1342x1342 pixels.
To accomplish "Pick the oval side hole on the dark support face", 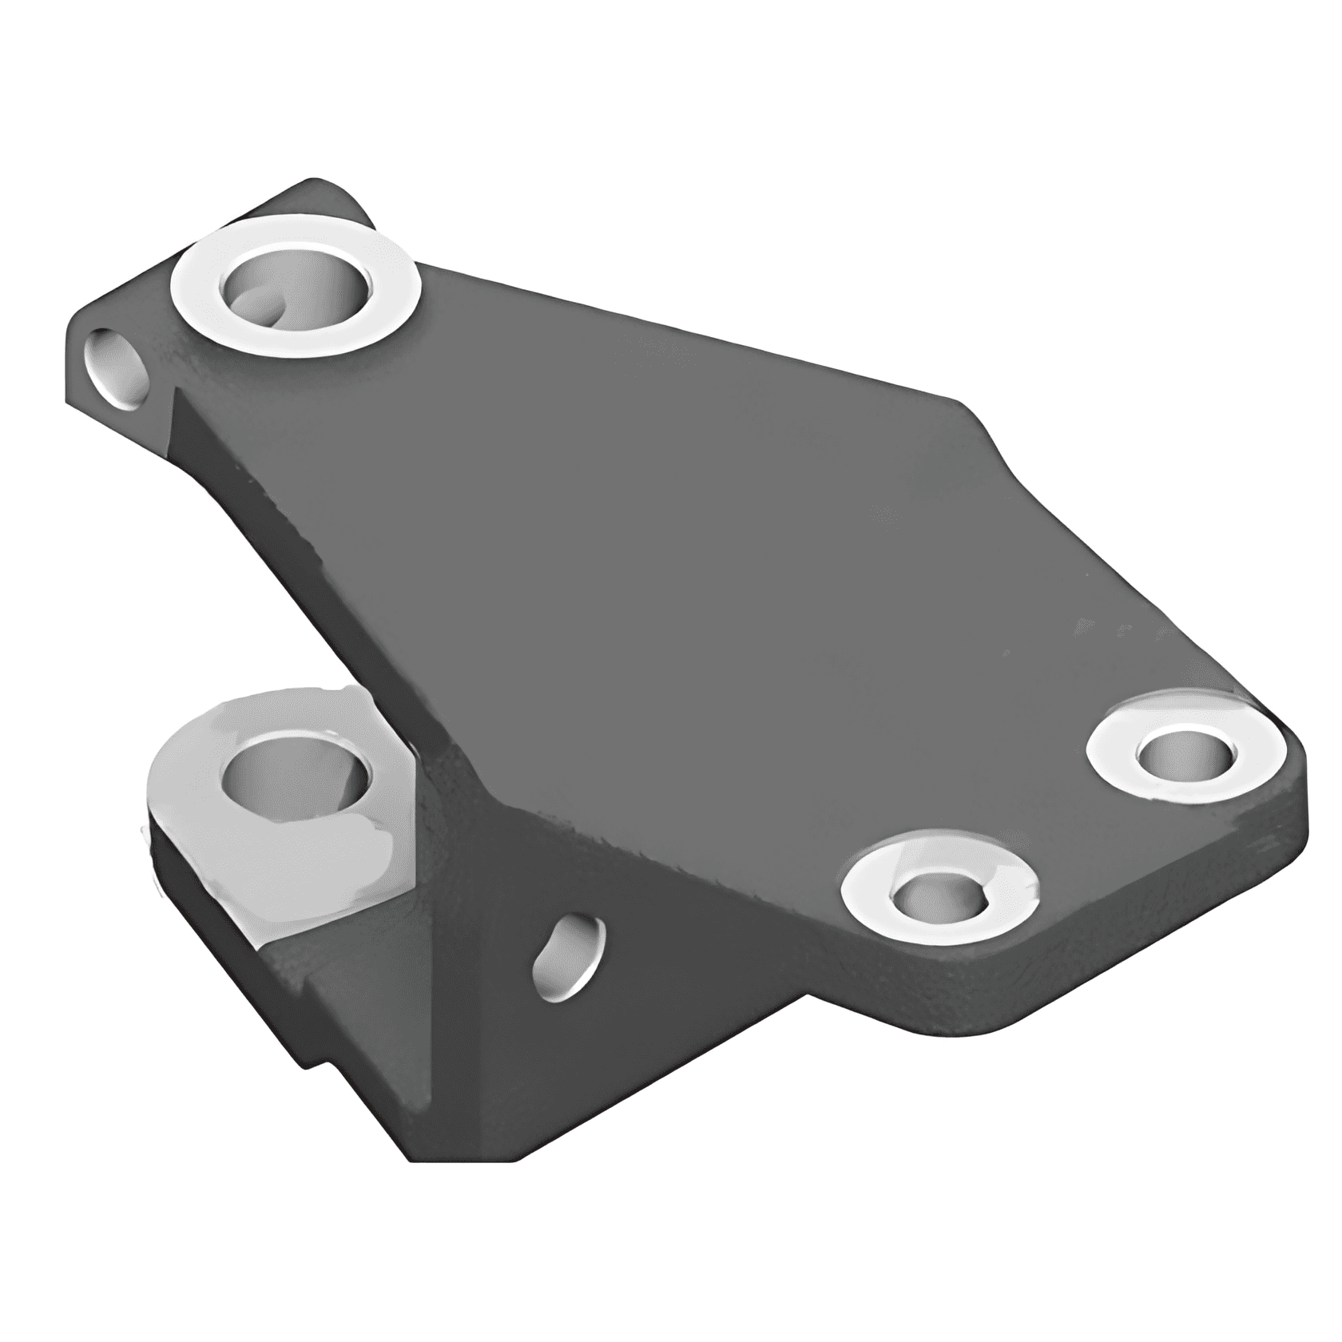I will (569, 959).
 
